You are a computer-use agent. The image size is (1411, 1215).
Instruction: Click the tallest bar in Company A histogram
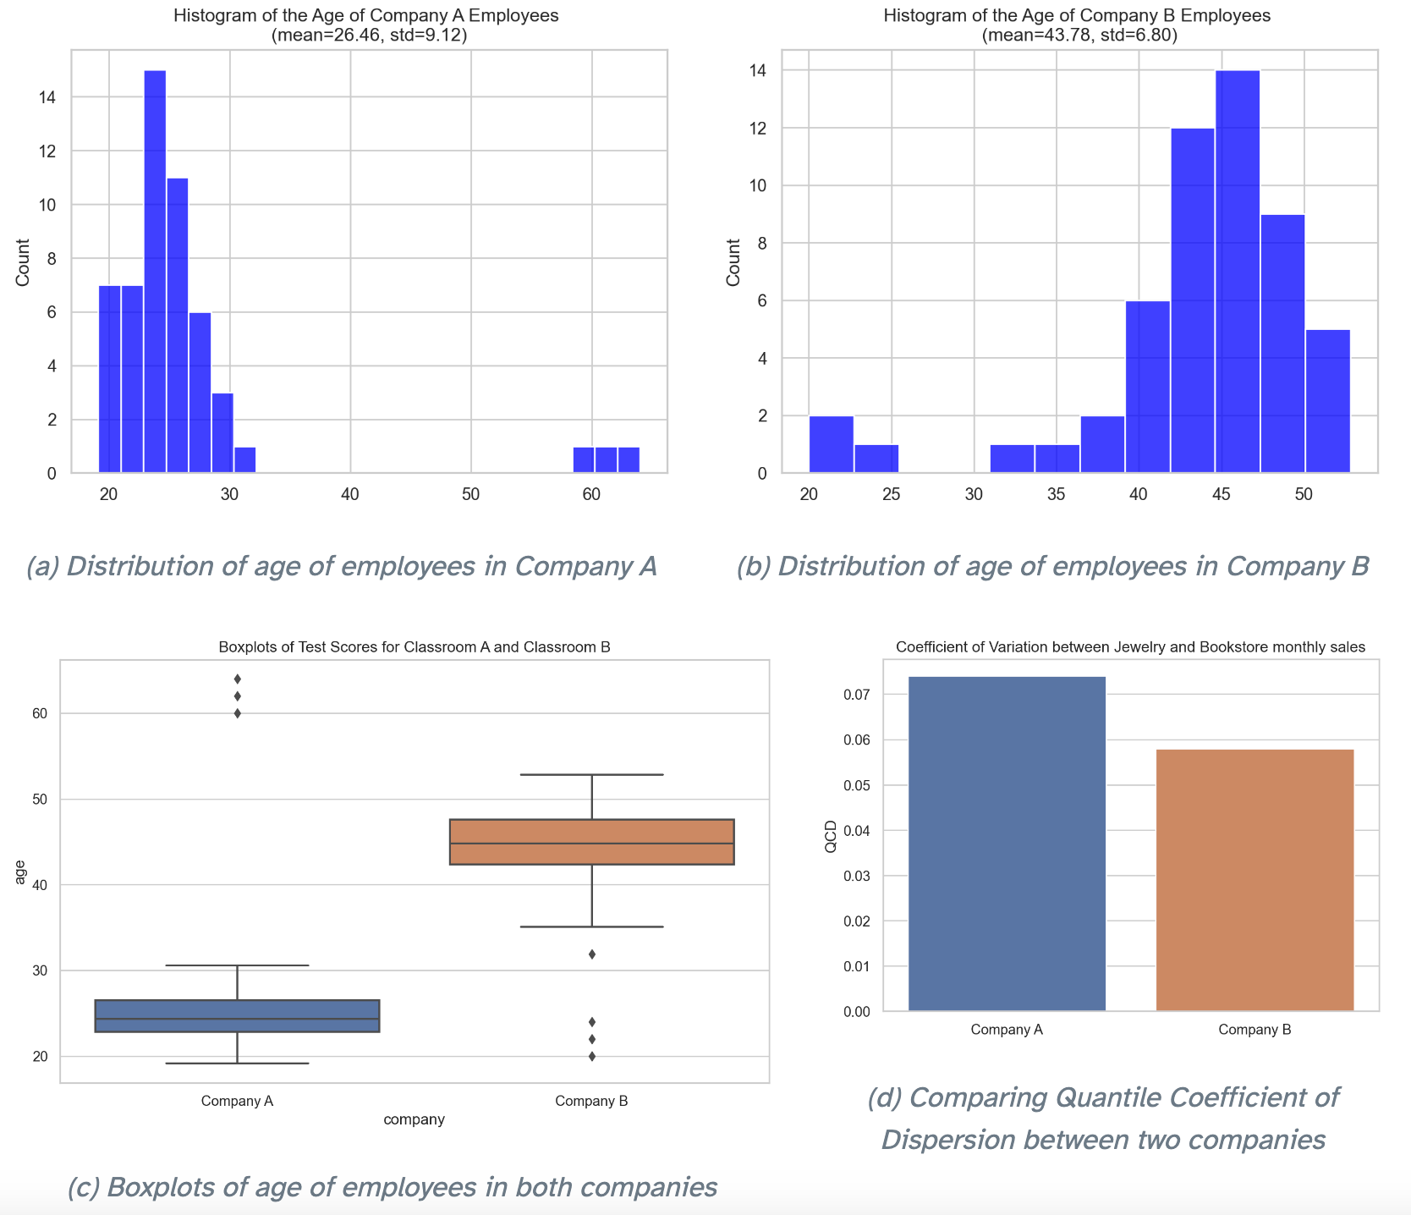point(155,271)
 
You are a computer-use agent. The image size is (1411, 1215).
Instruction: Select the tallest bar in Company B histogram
point(1238,271)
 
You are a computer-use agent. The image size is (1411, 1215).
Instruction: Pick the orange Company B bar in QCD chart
point(1255,880)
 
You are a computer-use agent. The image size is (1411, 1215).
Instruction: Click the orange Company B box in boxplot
point(591,842)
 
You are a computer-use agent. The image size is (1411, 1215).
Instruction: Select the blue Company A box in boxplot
point(237,1015)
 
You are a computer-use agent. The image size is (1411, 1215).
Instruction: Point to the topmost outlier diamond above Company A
point(238,679)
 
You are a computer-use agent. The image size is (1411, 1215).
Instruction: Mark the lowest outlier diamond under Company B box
point(592,1056)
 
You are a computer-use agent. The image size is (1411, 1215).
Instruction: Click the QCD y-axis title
point(831,836)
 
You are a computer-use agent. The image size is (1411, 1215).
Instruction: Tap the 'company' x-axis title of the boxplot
point(414,1120)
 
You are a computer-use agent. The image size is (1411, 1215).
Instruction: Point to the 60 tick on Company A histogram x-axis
point(591,494)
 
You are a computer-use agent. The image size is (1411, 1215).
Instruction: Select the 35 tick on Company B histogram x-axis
point(1057,494)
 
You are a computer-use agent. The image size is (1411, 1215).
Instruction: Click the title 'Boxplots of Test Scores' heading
point(415,647)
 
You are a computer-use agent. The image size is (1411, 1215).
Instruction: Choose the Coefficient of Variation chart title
point(1130,647)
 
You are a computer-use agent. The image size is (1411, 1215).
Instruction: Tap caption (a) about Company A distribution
point(342,566)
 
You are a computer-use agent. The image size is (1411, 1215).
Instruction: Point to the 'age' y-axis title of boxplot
point(20,871)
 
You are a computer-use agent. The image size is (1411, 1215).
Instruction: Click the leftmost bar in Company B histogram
point(831,444)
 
